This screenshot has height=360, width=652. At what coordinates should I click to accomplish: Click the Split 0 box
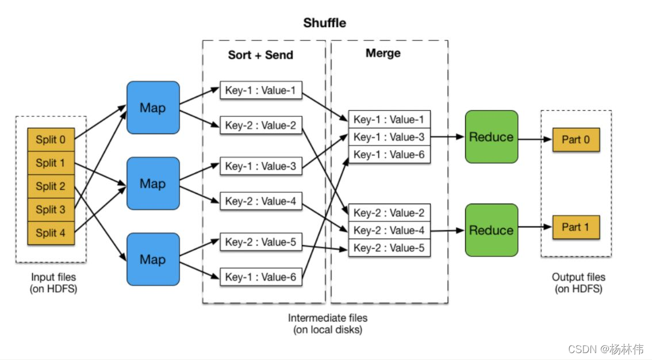tap(51, 140)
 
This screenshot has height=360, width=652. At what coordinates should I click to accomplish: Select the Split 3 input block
tap(51, 209)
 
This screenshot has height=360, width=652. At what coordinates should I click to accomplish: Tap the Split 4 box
tap(51, 233)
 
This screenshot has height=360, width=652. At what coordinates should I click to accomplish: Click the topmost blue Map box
tap(152, 108)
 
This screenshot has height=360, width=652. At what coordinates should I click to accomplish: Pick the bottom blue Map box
tap(152, 259)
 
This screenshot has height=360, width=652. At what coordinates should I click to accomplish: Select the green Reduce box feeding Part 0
tap(491, 137)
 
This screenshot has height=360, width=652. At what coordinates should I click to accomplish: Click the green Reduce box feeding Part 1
tap(491, 230)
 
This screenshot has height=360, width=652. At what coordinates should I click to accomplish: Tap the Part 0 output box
tap(576, 140)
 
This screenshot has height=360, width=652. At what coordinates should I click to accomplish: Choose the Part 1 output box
tap(576, 227)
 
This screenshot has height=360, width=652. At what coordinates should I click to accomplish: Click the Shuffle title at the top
tap(325, 23)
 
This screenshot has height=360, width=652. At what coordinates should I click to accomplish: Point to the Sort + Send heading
tap(260, 55)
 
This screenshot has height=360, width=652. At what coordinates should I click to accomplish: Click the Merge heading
tap(383, 53)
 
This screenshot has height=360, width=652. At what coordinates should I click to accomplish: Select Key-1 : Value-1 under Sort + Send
tap(260, 90)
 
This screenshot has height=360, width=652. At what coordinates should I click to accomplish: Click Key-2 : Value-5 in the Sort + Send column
tap(260, 242)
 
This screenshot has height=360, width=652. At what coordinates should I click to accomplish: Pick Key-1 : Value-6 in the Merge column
tap(389, 155)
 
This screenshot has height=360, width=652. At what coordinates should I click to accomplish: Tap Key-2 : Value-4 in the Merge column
tap(389, 231)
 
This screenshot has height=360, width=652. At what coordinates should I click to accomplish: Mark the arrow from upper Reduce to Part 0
tap(535, 139)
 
